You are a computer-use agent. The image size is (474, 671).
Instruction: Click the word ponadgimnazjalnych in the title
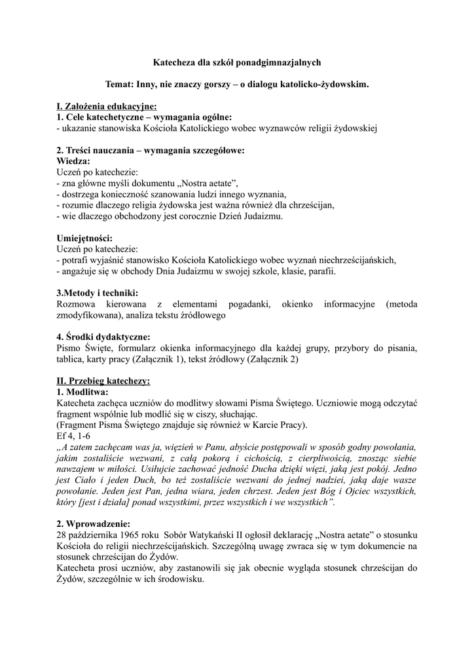(280, 62)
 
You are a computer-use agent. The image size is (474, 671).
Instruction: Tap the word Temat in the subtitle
(119, 85)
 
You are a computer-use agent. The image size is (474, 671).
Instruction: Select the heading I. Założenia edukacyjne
(106, 106)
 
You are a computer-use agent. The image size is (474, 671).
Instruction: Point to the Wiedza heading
(73, 160)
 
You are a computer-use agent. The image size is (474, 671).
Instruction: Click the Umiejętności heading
(84, 238)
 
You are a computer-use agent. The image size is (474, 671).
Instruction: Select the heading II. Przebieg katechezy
(103, 380)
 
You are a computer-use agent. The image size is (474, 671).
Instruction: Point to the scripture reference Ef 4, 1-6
(73, 436)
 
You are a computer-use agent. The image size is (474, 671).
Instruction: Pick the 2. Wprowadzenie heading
(93, 524)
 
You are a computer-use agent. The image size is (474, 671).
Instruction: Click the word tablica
(70, 359)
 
